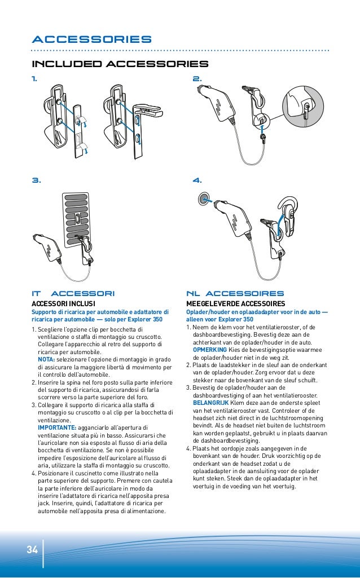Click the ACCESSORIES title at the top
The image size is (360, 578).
91,39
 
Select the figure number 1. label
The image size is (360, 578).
35,80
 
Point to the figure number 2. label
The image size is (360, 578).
197,80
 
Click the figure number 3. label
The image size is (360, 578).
36,180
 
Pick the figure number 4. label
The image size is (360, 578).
197,180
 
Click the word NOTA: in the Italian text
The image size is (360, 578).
46,359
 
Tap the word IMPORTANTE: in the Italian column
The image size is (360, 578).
54,427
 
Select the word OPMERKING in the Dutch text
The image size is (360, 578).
209,350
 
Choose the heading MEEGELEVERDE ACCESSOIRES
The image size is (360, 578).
235,303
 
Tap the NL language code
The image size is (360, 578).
193,293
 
